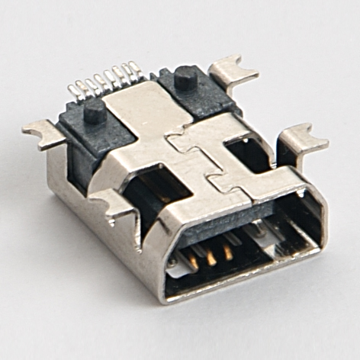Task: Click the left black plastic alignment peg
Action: click(95, 112)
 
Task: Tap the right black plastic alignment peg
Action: click(185, 77)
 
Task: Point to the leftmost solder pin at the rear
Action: click(73, 92)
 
